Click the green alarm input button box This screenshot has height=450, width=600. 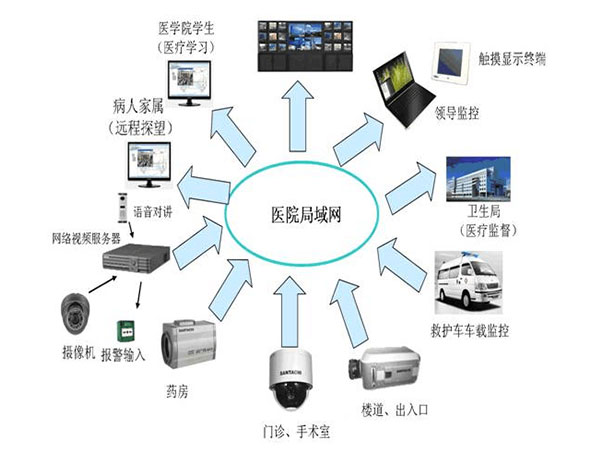click(x=128, y=330)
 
